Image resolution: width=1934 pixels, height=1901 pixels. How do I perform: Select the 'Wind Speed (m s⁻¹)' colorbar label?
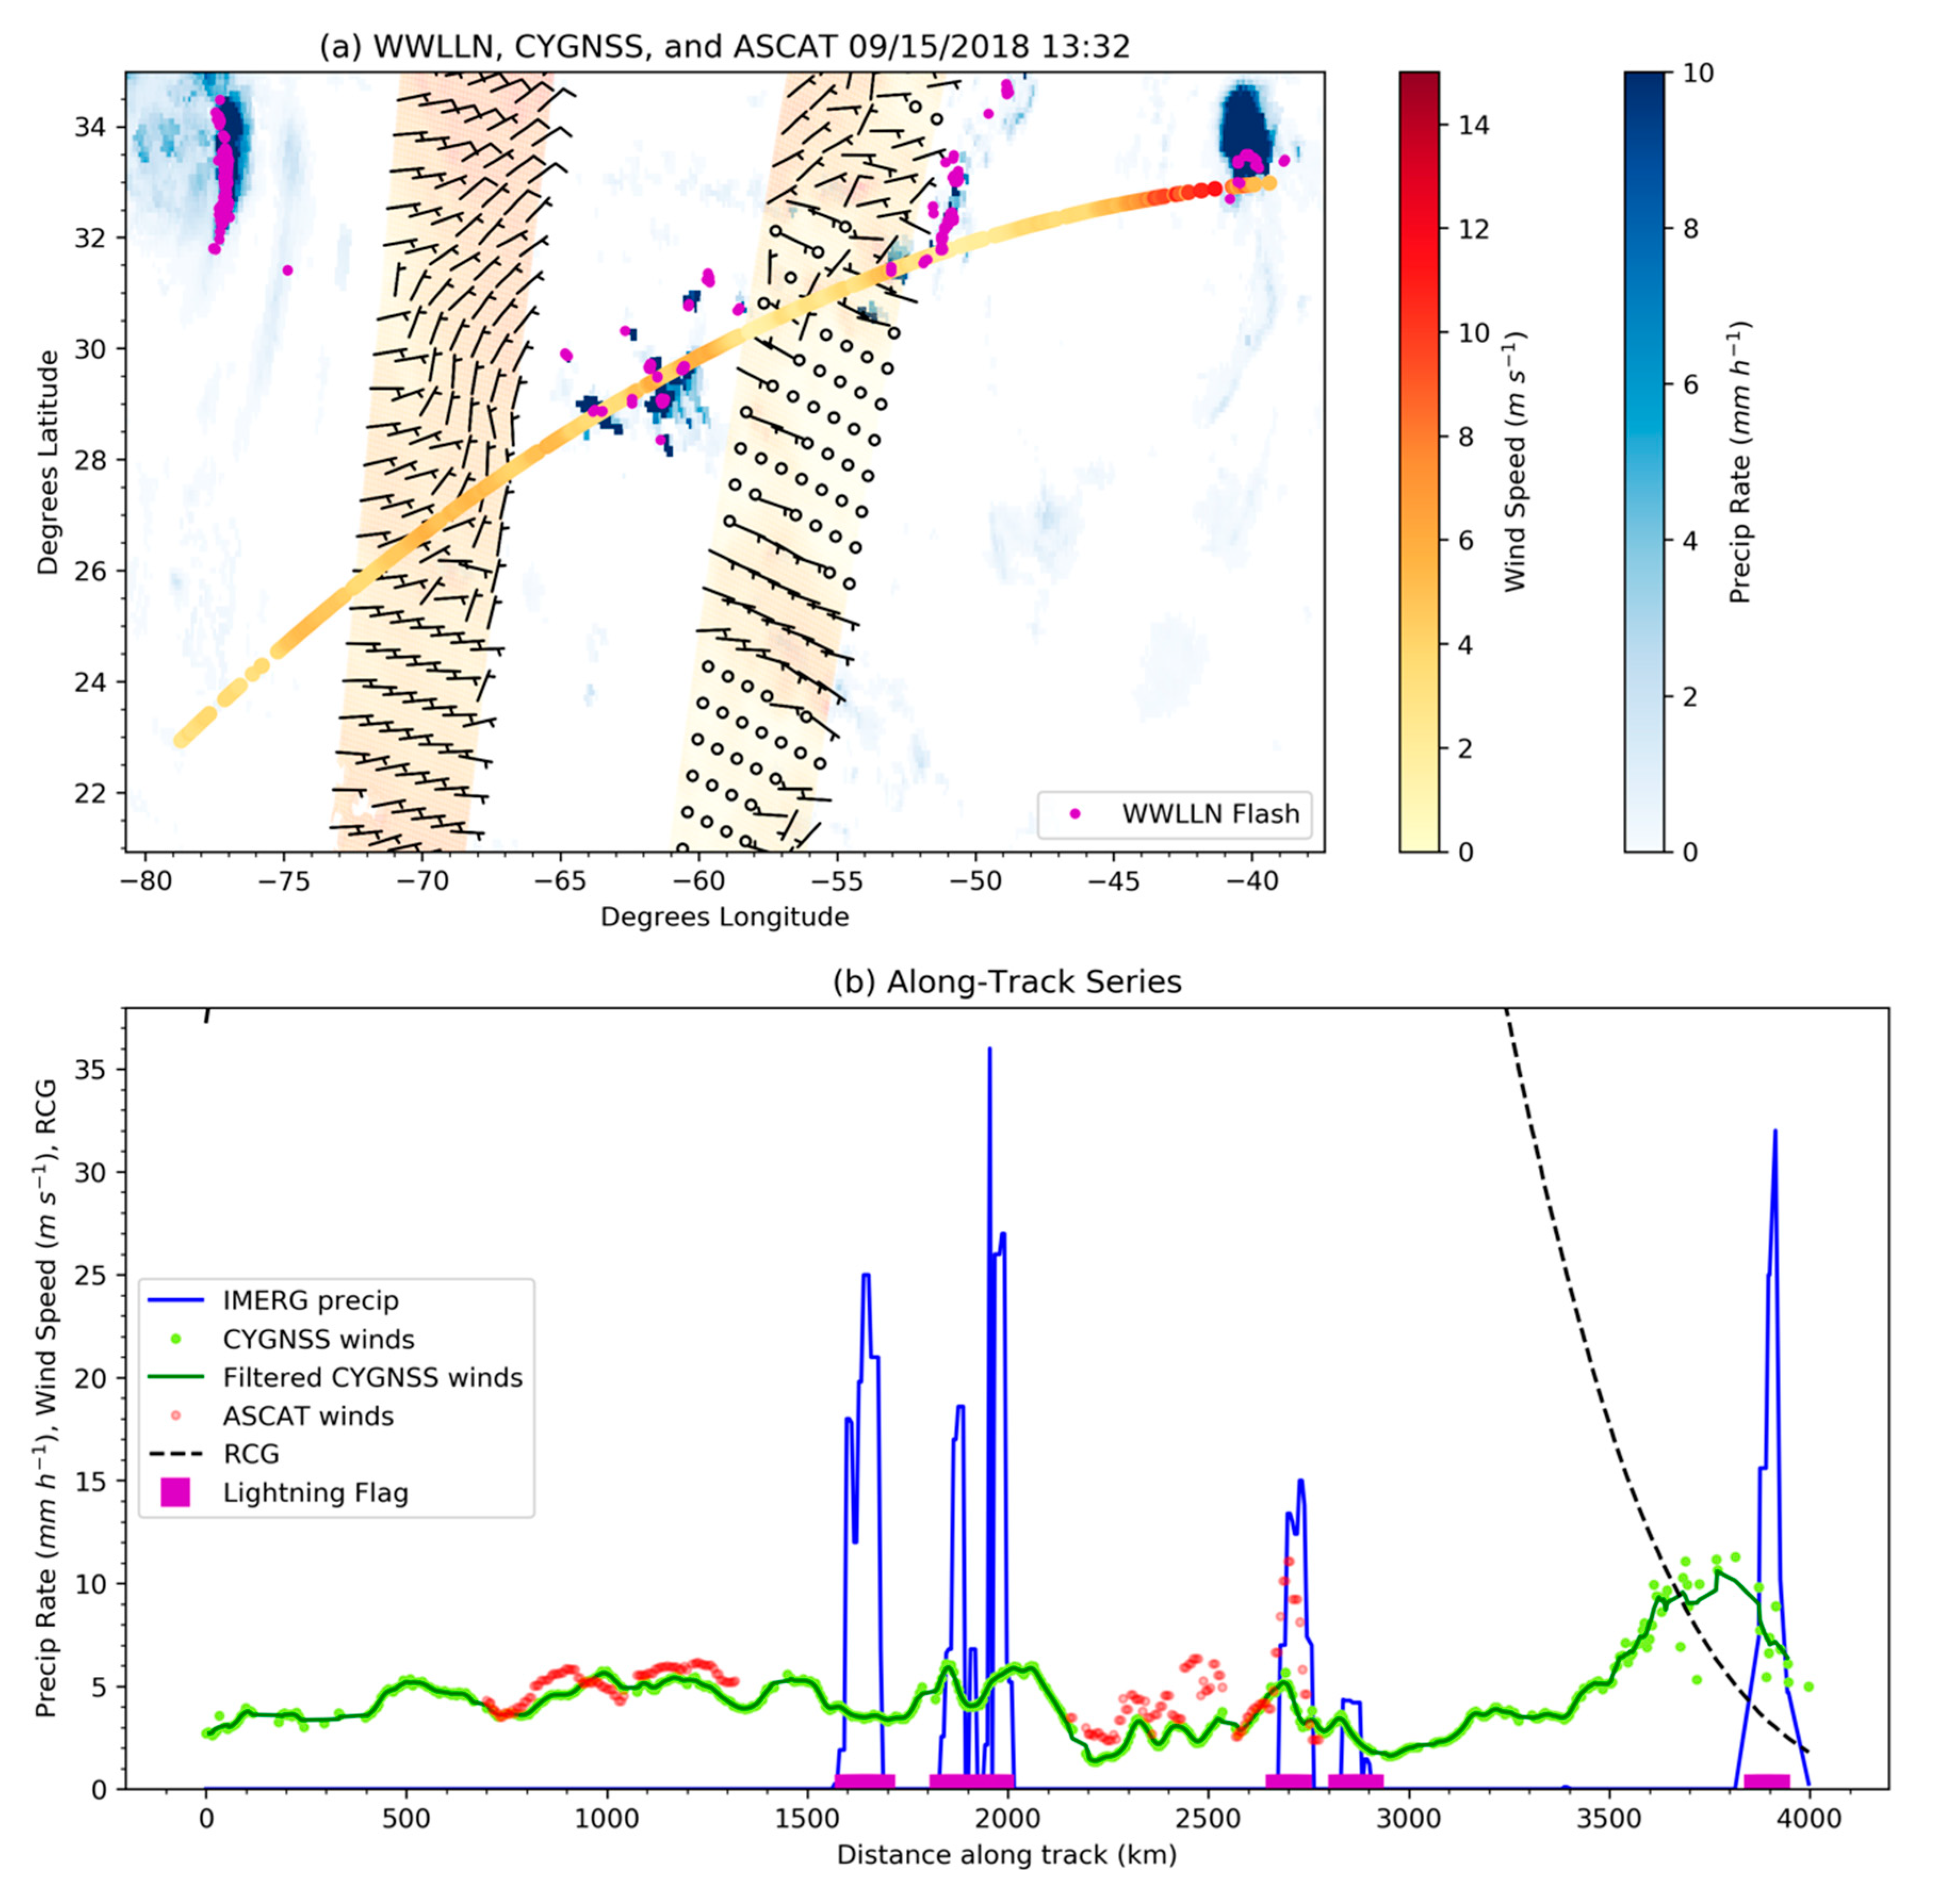[1515, 461]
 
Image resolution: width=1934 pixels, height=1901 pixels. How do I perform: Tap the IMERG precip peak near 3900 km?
[1774, 1133]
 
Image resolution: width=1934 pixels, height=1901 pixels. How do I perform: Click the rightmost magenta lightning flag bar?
[1766, 1780]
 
